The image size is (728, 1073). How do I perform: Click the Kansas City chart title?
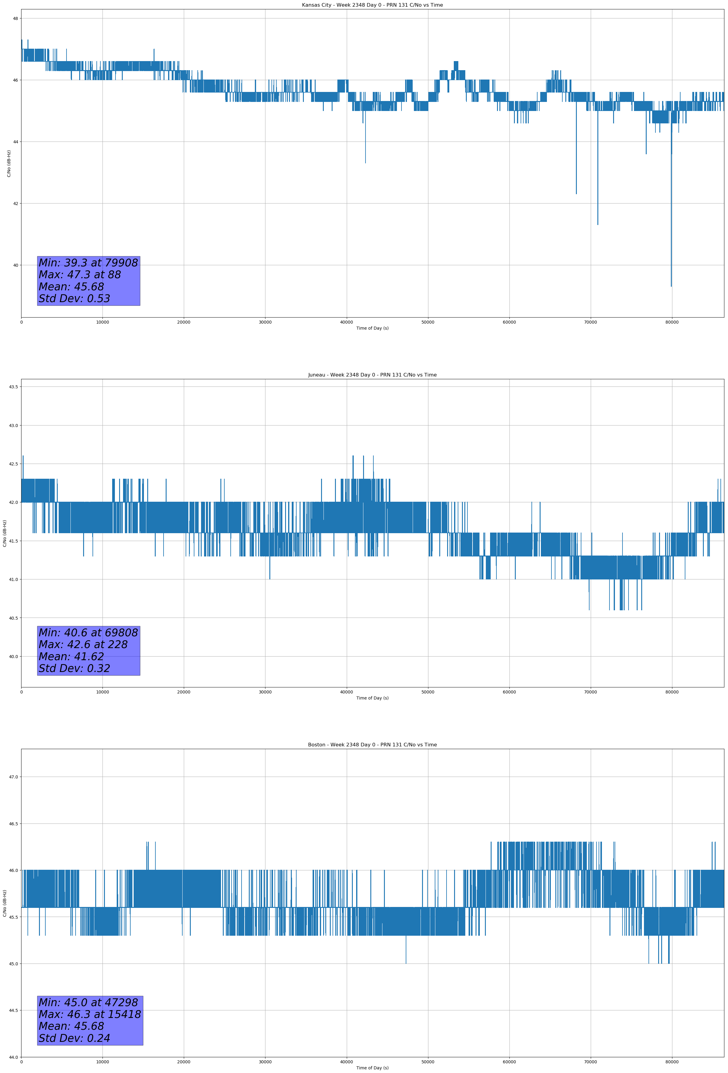coord(372,5)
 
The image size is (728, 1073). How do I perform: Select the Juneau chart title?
coord(372,375)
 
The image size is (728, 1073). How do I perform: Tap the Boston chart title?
coord(372,745)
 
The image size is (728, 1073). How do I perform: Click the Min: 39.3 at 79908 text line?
coord(88,263)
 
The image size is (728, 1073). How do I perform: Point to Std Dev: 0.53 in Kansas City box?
coord(74,299)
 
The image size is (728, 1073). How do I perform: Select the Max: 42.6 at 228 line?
coord(83,644)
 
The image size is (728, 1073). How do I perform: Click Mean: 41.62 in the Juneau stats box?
coord(72,657)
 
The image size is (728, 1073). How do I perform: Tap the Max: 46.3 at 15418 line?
coord(89,1014)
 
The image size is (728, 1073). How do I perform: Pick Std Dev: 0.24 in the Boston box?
coord(74,1038)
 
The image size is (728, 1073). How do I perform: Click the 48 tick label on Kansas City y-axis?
coord(15,18)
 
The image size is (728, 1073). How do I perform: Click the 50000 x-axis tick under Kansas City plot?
coord(428,322)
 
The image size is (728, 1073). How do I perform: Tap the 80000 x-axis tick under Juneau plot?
coord(672,692)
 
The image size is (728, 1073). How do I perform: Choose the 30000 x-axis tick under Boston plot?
coord(265,1062)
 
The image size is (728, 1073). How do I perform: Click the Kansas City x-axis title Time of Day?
coord(372,328)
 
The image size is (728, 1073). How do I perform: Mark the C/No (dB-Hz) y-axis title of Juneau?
coord(5,533)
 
